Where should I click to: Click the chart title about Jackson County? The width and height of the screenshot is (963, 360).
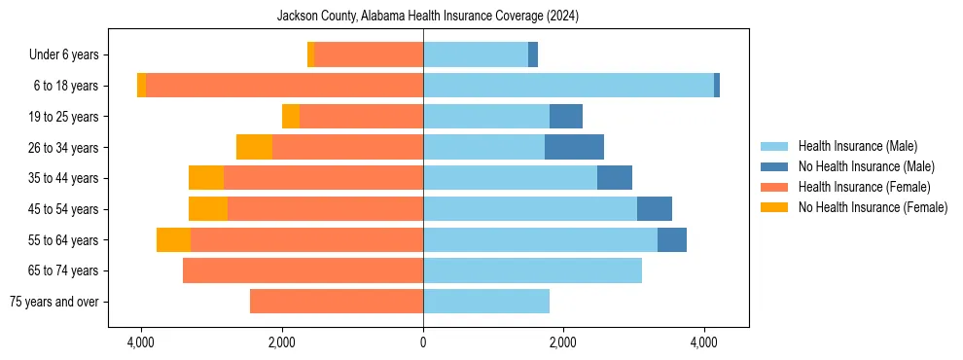[x=428, y=16]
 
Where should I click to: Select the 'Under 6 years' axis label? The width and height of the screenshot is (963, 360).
[x=69, y=55]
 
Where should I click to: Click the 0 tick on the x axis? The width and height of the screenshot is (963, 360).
[x=423, y=343]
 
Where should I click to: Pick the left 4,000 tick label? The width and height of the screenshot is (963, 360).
[x=141, y=343]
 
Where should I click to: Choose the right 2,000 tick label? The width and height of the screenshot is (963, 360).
[x=563, y=343]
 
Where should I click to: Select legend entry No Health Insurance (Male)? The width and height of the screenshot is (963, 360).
[x=866, y=166]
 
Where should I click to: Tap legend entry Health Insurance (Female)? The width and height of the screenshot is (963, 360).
[x=864, y=187]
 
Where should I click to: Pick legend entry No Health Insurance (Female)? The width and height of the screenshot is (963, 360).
[x=873, y=207]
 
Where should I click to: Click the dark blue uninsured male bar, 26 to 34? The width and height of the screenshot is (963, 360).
[x=574, y=148]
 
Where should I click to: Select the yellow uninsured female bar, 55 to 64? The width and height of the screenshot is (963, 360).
[x=173, y=240]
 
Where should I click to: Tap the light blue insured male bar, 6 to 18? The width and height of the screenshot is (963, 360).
[x=568, y=86]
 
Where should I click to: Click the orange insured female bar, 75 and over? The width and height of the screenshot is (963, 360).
[x=337, y=302]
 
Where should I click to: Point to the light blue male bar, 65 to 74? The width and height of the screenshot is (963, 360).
[x=532, y=270]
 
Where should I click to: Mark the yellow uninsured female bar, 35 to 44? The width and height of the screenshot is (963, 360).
[x=206, y=178]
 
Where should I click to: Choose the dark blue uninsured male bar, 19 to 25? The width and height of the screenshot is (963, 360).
[x=566, y=117]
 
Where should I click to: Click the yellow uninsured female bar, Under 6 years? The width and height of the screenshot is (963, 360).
[x=311, y=55]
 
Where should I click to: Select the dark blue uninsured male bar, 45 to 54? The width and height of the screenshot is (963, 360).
[x=655, y=209]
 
